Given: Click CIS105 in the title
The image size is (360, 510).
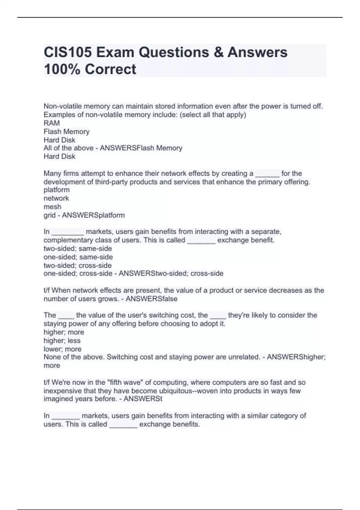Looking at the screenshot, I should (x=68, y=52).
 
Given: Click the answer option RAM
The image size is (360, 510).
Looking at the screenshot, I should (x=52, y=123).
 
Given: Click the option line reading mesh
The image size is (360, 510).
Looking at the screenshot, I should (x=52, y=207).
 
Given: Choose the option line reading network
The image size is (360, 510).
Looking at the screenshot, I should (x=56, y=198).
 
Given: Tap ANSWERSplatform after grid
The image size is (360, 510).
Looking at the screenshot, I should (x=93, y=215).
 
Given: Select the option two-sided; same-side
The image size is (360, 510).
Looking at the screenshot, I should (x=78, y=248).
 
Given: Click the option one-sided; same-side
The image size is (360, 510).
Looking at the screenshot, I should (x=78, y=257).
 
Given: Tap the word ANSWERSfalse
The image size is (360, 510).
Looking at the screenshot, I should (x=151, y=299).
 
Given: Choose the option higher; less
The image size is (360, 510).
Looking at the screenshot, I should (x=62, y=340).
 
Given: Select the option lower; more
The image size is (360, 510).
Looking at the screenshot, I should (x=62, y=349).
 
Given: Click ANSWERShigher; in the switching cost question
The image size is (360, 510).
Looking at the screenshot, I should (x=296, y=357).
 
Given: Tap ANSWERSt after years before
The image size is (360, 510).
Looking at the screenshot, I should (x=143, y=399).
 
